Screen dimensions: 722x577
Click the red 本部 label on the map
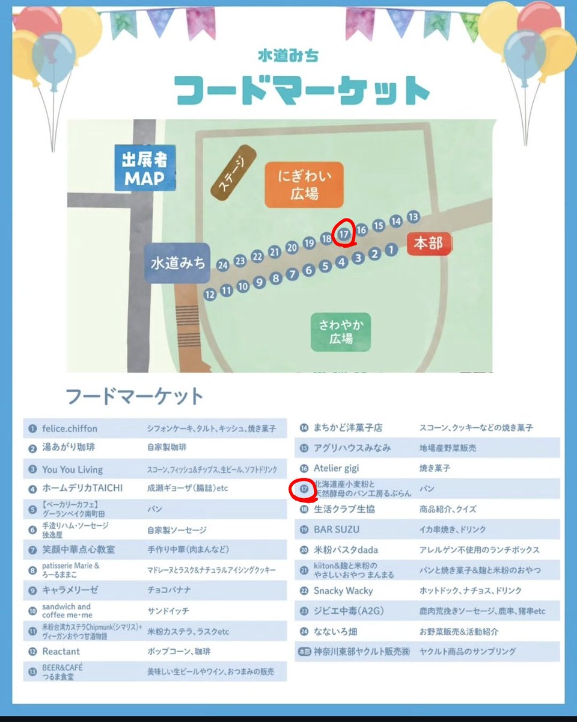(428, 243)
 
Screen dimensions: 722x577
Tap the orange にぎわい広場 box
(304, 185)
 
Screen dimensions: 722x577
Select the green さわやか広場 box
(341, 332)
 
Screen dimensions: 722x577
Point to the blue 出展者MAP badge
(144, 170)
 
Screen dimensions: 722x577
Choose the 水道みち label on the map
(177, 263)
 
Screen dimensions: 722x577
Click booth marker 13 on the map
(412, 217)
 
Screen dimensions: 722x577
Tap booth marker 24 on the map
(223, 264)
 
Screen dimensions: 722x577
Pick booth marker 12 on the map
(210, 295)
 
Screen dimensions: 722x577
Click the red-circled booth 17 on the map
(343, 235)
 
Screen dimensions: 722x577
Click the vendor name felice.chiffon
(70, 429)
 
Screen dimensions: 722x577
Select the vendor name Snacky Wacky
(343, 591)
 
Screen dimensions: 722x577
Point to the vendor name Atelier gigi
(336, 468)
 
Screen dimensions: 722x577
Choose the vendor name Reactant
(61, 652)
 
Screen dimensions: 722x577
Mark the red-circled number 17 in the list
(304, 489)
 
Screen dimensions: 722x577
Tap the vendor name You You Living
(72, 469)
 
